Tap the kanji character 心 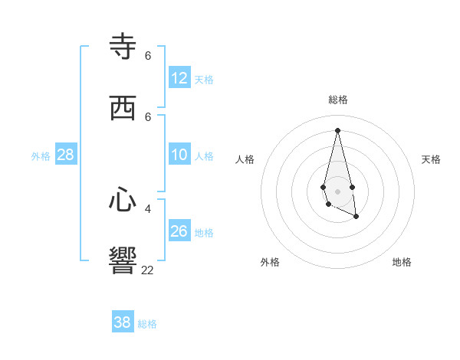pyautogui.click(x=123, y=201)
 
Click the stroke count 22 pyautogui.click(x=147, y=270)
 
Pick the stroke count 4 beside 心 pyautogui.click(x=148, y=208)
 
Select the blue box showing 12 pyautogui.click(x=179, y=78)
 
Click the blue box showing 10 pyautogui.click(x=179, y=155)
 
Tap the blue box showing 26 pyautogui.click(x=179, y=231)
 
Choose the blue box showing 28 pyautogui.click(x=66, y=155)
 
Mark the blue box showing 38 pyautogui.click(x=123, y=322)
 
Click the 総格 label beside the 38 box pyautogui.click(x=147, y=324)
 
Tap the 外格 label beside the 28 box pyautogui.click(x=41, y=156)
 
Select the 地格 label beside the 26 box pyautogui.click(x=204, y=232)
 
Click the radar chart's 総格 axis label pyautogui.click(x=338, y=100)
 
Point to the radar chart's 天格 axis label pyautogui.click(x=431, y=159)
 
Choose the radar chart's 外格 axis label pyautogui.click(x=270, y=262)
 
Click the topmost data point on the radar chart pyautogui.click(x=338, y=130)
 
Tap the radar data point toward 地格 pyautogui.click(x=356, y=217)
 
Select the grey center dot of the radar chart pyautogui.click(x=338, y=191)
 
